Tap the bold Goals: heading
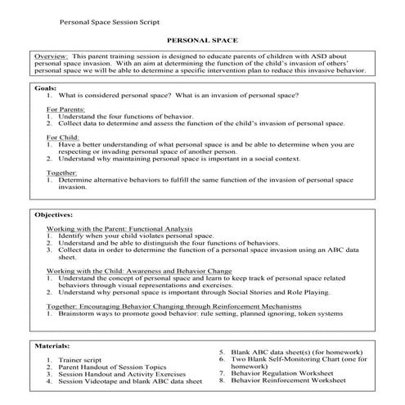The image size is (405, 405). coord(46,87)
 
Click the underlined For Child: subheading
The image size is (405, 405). coord(63,137)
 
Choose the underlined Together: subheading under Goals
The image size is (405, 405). coord(63,173)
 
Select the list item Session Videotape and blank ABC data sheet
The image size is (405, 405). coord(130,381)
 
